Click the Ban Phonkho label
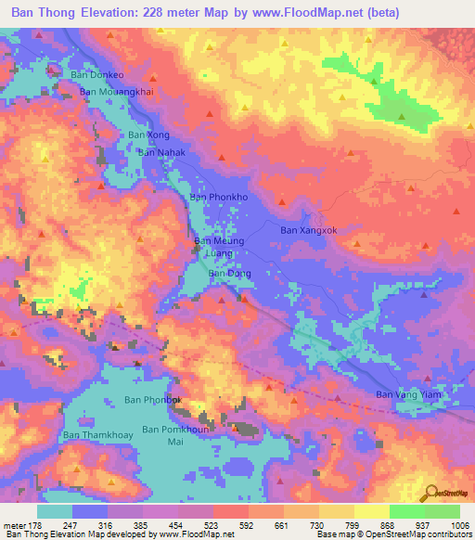pos(219,198)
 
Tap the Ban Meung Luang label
pos(219,247)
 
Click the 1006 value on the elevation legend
pos(459,525)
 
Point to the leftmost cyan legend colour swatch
pos(55,511)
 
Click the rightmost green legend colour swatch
pos(443,511)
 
